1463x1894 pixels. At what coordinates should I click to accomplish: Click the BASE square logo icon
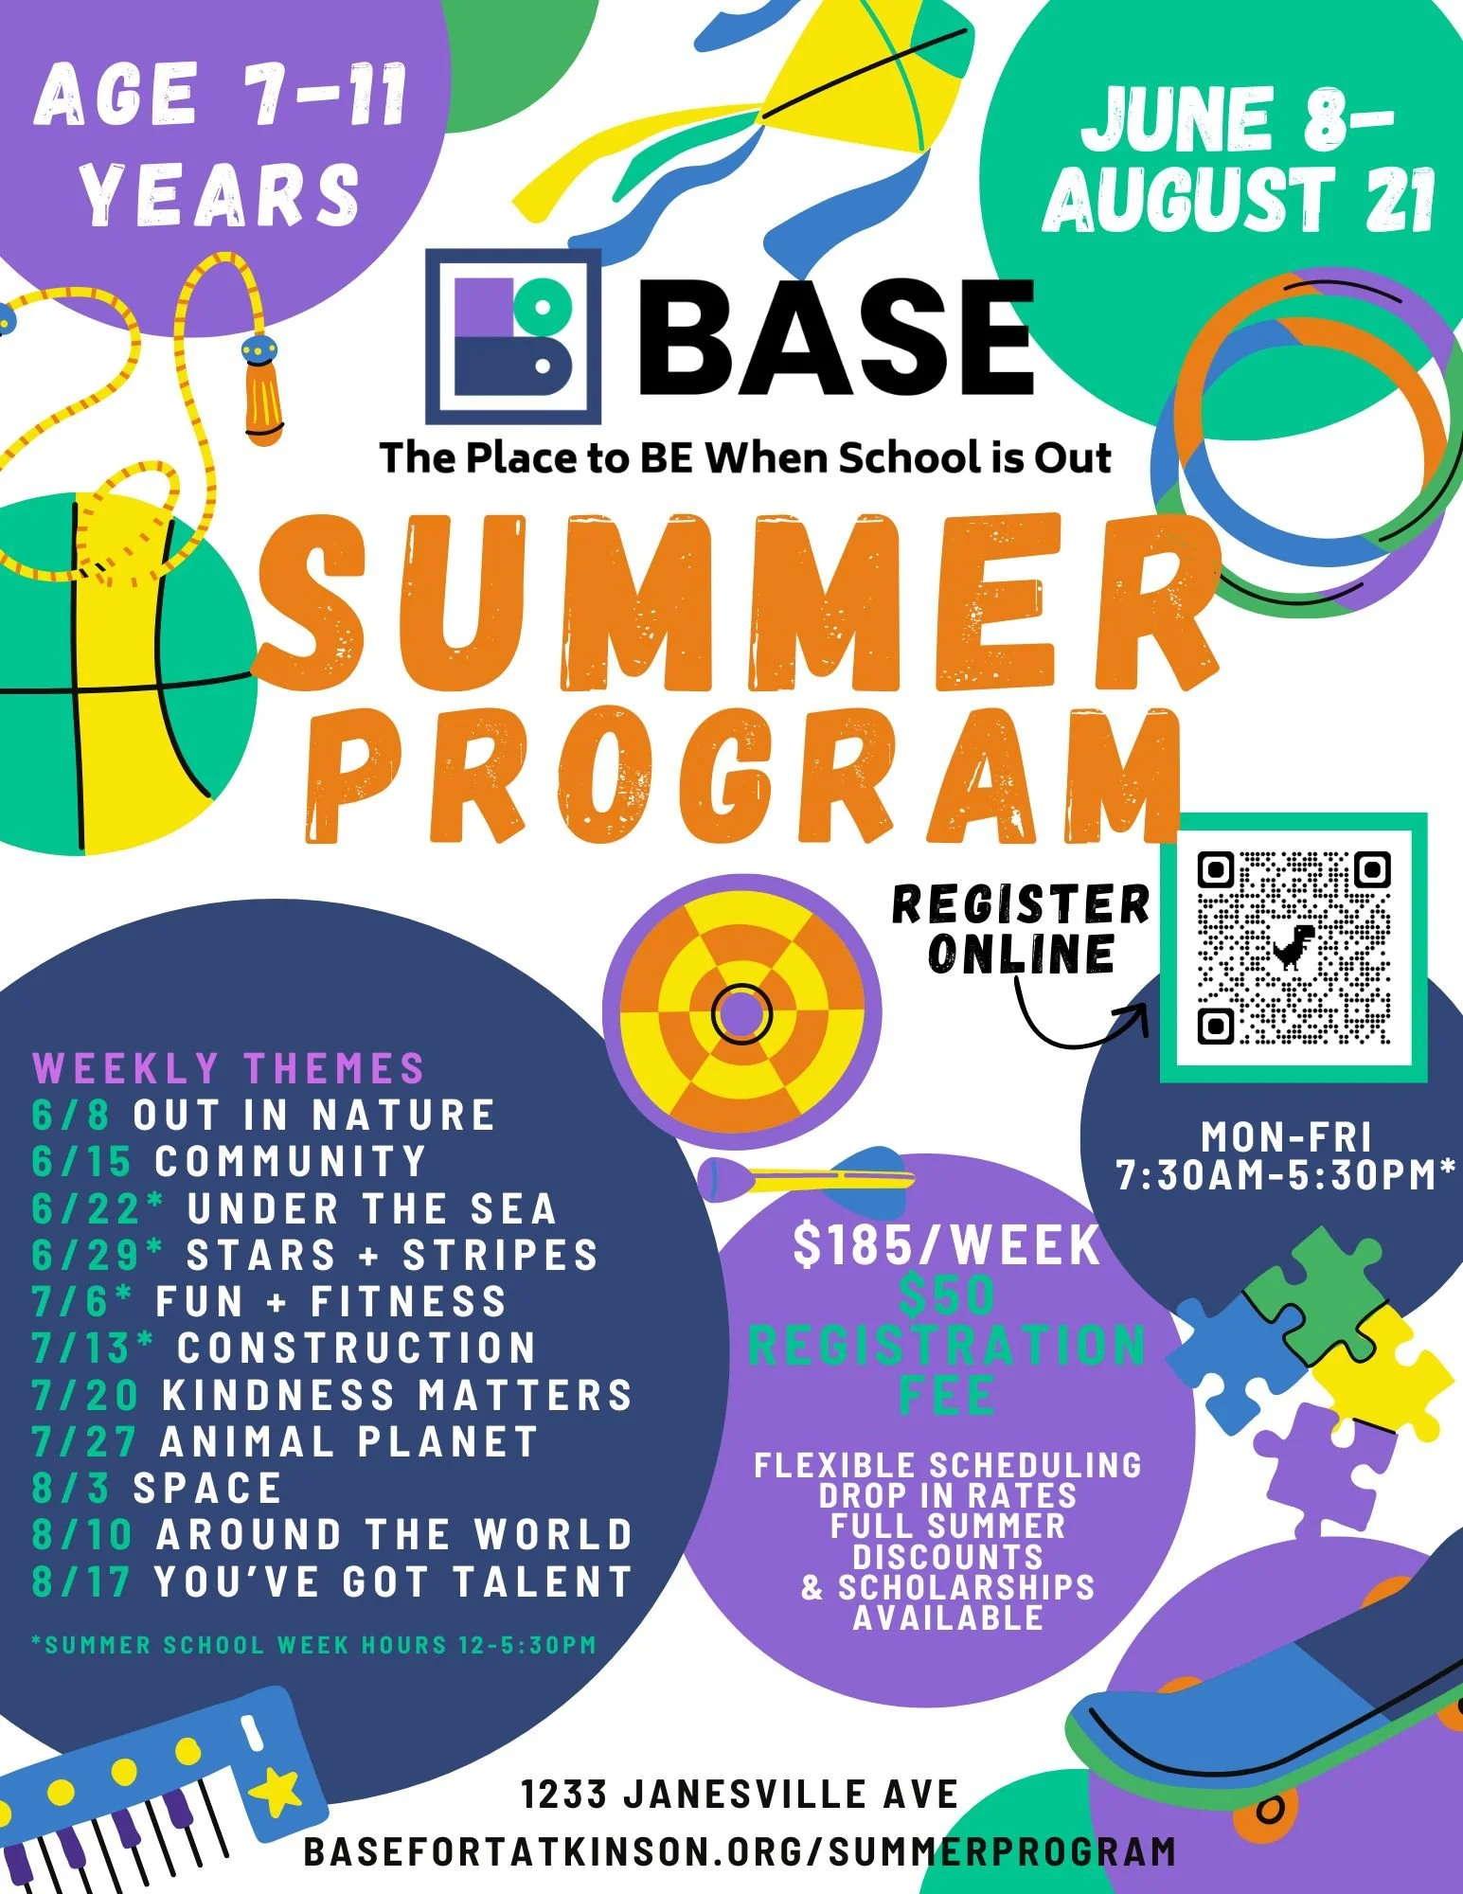click(x=513, y=336)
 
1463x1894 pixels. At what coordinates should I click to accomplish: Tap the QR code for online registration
click(x=1294, y=947)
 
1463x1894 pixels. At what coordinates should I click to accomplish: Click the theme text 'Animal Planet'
click(x=348, y=1442)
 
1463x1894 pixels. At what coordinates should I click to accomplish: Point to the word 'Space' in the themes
click(x=207, y=1489)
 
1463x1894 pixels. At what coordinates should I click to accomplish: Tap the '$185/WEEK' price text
click(x=947, y=1245)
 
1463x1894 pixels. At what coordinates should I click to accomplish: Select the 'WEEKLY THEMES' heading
click(x=228, y=1068)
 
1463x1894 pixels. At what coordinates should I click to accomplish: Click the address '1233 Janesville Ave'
click(x=740, y=1794)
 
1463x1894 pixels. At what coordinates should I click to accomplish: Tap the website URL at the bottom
click(x=740, y=1850)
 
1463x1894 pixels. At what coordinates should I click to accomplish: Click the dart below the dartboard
click(x=805, y=1175)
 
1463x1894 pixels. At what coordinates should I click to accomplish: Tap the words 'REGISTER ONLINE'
click(x=1021, y=928)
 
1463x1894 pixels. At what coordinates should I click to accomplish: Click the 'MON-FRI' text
click(x=1286, y=1136)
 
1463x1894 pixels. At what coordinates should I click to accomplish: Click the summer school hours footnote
click(x=313, y=1645)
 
